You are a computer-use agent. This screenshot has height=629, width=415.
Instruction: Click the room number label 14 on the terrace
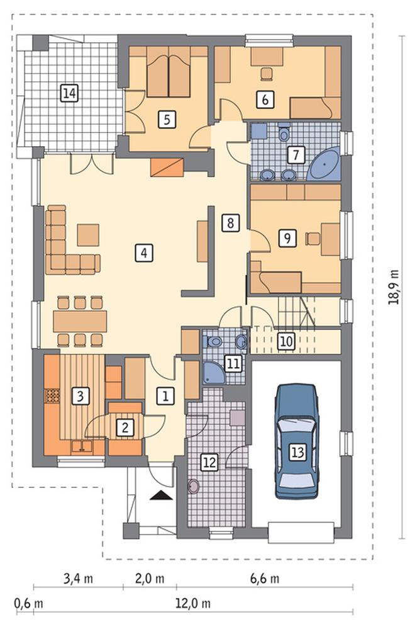click(69, 93)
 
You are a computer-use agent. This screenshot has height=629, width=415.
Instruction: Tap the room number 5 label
click(167, 119)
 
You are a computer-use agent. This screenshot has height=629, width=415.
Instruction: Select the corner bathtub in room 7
click(324, 164)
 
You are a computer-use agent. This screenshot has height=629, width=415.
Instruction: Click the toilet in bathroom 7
click(284, 133)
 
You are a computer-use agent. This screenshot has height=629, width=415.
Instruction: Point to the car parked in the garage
click(296, 441)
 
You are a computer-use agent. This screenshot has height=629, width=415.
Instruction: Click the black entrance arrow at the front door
click(162, 496)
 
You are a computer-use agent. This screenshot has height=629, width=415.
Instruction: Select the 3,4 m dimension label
click(78, 578)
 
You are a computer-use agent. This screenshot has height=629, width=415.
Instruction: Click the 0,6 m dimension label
click(29, 603)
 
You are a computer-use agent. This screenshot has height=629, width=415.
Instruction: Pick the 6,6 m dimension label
click(265, 578)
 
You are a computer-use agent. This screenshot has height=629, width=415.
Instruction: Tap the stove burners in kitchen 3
click(52, 396)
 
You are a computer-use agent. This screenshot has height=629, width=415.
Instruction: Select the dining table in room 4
click(80, 322)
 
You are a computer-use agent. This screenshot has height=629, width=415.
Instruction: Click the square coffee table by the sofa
click(88, 235)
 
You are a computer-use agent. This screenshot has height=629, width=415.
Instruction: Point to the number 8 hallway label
click(230, 222)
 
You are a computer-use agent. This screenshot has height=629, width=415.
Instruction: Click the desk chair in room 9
click(313, 238)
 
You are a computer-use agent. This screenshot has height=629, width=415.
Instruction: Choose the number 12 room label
click(209, 462)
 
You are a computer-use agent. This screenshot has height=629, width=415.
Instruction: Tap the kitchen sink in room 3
click(82, 446)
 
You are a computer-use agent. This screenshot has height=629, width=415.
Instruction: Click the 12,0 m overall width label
click(193, 603)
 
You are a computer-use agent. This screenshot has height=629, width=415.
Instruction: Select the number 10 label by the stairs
click(286, 341)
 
